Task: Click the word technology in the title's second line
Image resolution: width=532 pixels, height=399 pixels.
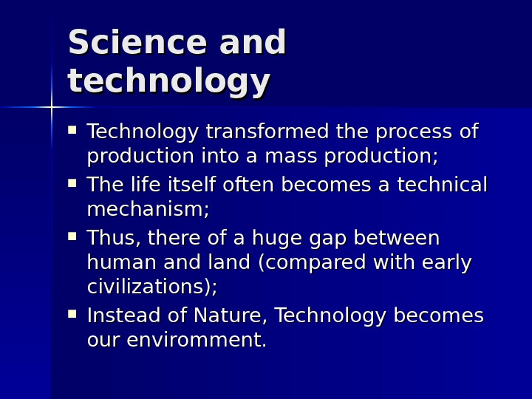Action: click(168, 81)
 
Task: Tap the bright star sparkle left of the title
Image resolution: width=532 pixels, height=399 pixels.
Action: click(51, 107)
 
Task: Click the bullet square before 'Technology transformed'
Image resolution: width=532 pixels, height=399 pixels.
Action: click(72, 130)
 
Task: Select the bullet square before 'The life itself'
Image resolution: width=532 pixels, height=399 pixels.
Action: click(72, 183)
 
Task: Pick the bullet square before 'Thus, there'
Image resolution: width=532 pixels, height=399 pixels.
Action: click(72, 236)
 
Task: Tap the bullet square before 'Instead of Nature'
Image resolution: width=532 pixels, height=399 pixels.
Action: click(72, 314)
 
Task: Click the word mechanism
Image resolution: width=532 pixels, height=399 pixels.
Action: click(146, 210)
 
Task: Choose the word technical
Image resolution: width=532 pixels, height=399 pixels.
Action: click(442, 185)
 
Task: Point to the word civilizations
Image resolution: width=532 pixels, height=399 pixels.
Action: click(150, 287)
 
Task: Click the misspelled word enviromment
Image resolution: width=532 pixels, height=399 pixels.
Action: click(196, 341)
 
